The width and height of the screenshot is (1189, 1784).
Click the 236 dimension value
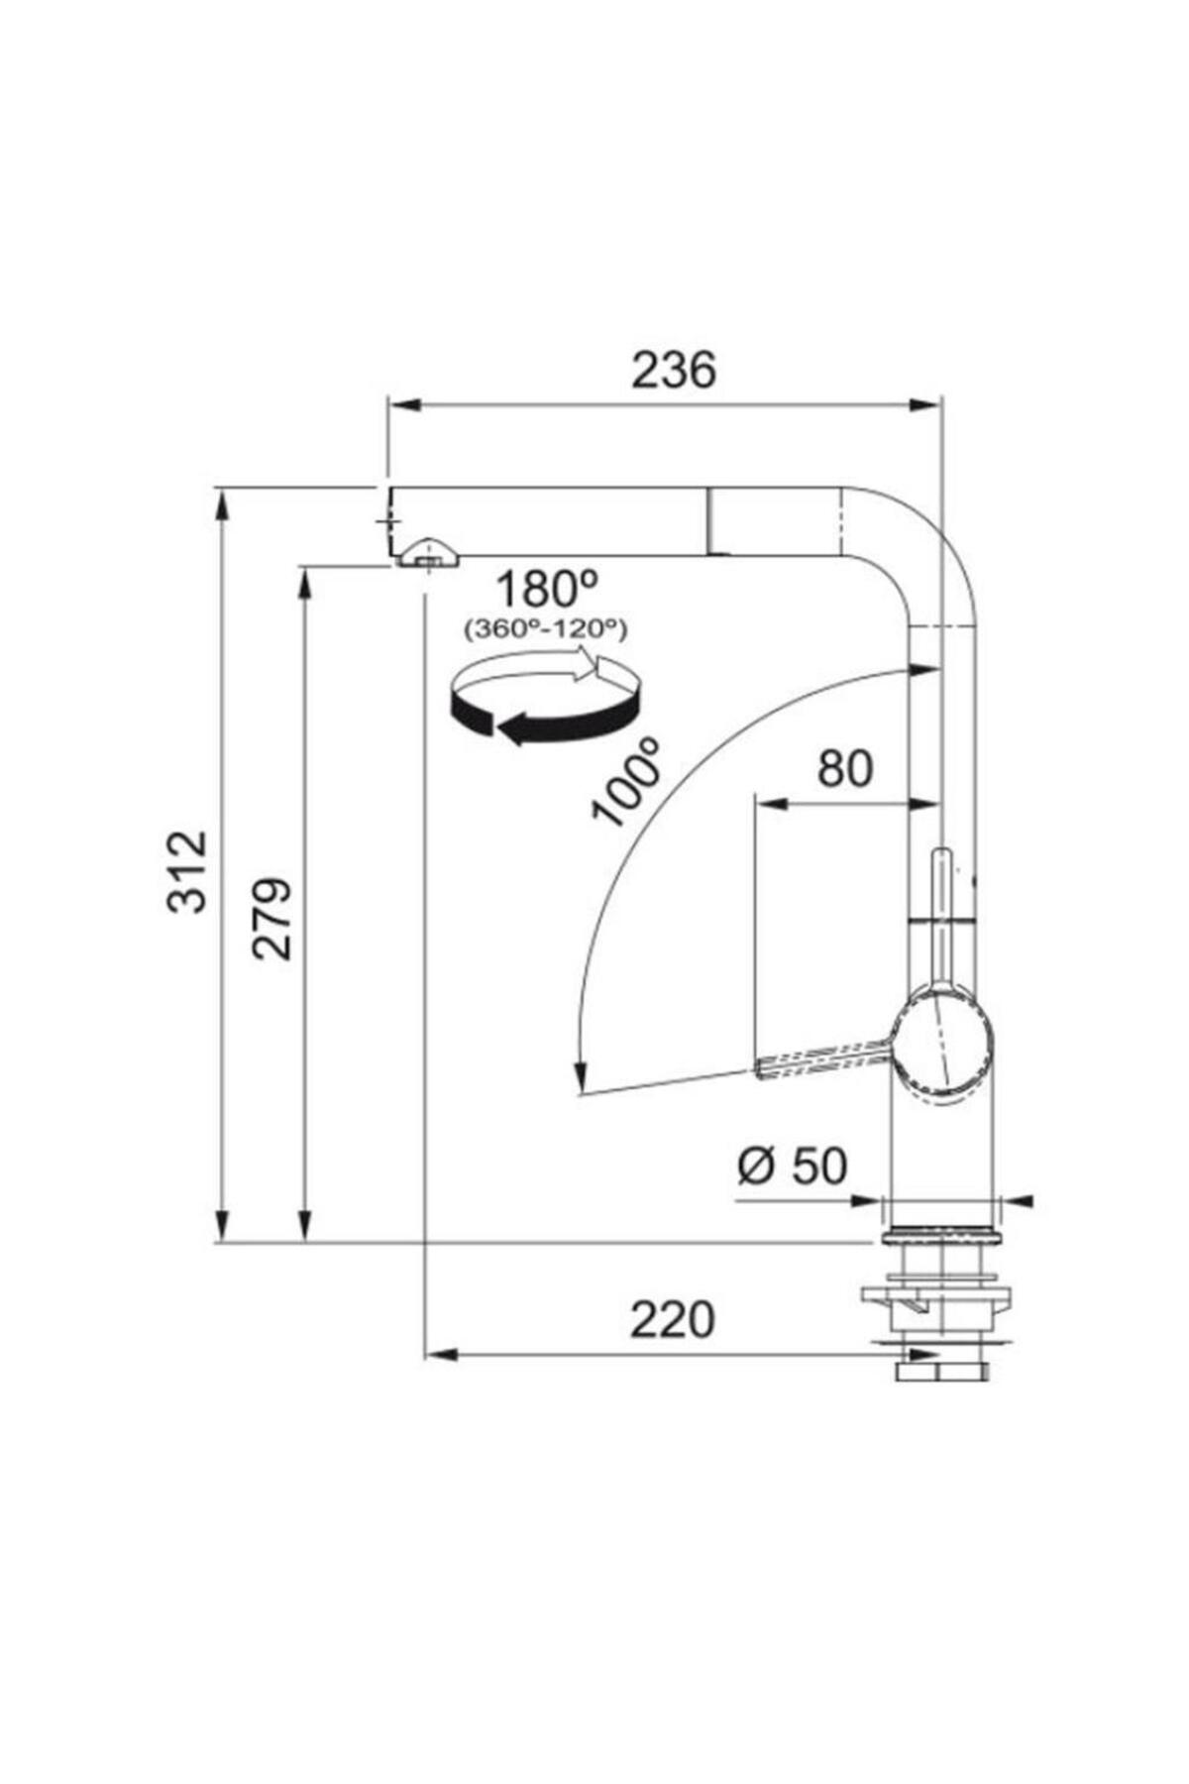tap(673, 371)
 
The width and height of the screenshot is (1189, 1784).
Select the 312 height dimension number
tap(187, 871)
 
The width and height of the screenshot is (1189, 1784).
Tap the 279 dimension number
tap(271, 918)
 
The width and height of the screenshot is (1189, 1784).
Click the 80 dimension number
tap(845, 768)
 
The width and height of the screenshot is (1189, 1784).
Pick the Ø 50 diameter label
tap(792, 1166)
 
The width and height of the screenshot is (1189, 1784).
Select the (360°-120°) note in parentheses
tap(546, 628)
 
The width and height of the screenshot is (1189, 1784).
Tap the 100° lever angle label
tap(626, 781)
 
